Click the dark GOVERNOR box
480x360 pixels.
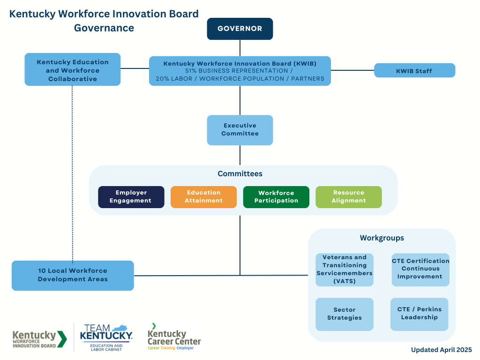pyautogui.click(x=240, y=29)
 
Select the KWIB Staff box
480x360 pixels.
pyautogui.click(x=414, y=70)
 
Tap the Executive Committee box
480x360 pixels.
pyautogui.click(x=240, y=130)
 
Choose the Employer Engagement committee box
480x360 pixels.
pyautogui.click(x=131, y=197)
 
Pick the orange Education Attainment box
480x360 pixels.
pyautogui.click(x=203, y=197)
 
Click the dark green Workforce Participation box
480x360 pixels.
pyautogui.click(x=276, y=197)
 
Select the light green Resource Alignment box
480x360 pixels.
pyautogui.click(x=349, y=197)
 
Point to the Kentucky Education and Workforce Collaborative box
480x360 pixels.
pyautogui.click(x=73, y=69)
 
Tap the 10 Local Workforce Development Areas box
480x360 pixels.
pyautogui.click(x=73, y=276)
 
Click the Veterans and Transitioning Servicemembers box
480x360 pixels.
pyautogui.click(x=345, y=270)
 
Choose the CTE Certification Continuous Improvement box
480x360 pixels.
pyautogui.click(x=420, y=270)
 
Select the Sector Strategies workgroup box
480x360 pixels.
pyautogui.click(x=345, y=314)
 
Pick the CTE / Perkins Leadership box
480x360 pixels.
pyautogui.click(x=420, y=314)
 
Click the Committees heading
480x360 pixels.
pyautogui.click(x=240, y=173)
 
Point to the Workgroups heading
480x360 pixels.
pyautogui.click(x=382, y=238)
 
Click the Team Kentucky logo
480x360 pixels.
pyautogui.click(x=106, y=337)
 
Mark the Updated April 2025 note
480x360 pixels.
pyautogui.click(x=442, y=350)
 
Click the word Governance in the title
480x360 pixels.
pyautogui.click(x=104, y=28)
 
